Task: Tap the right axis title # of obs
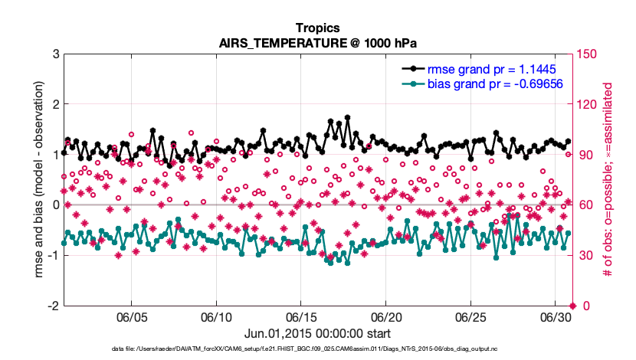(611, 180)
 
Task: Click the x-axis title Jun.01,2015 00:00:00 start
(317, 334)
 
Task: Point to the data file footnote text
(317, 349)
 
